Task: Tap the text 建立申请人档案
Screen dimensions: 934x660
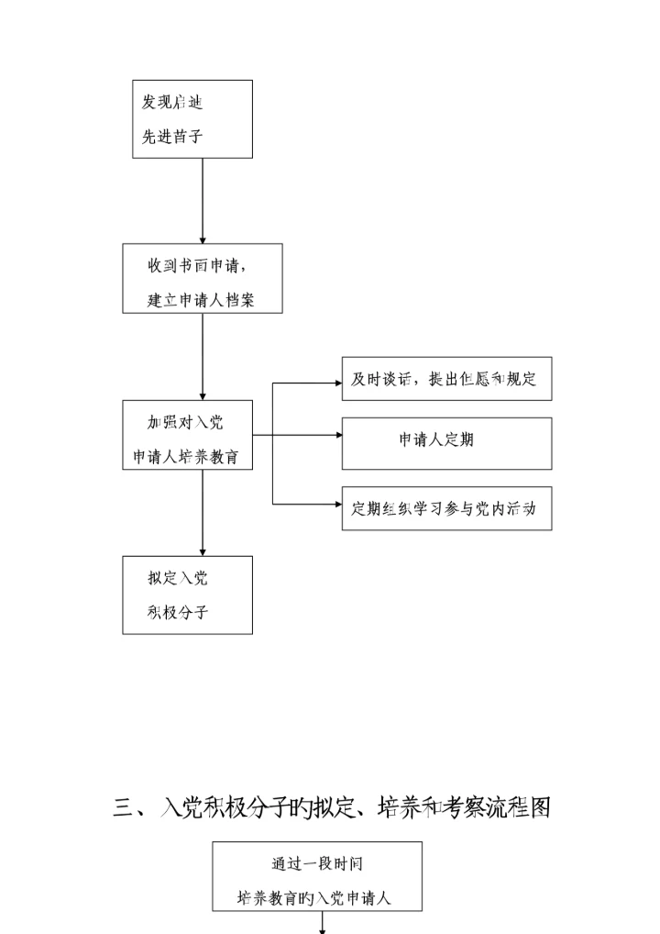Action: pyautogui.click(x=203, y=300)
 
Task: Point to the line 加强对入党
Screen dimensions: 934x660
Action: pyautogui.click(x=185, y=422)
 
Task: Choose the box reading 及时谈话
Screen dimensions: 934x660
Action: pyautogui.click(x=446, y=379)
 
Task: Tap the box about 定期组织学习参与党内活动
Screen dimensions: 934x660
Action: pyautogui.click(x=446, y=508)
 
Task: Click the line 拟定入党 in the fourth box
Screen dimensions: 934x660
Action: pyautogui.click(x=178, y=578)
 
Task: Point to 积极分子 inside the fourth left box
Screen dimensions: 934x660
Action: pyautogui.click(x=178, y=612)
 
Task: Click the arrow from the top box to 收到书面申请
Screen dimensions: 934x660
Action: pyautogui.click(x=202, y=201)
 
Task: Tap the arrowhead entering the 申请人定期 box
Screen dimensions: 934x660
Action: pyautogui.click(x=336, y=435)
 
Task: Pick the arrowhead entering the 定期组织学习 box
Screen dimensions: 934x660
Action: pyautogui.click(x=336, y=504)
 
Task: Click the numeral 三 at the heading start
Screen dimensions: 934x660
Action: pyautogui.click(x=123, y=807)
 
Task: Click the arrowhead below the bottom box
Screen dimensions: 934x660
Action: pyautogui.click(x=322, y=929)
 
